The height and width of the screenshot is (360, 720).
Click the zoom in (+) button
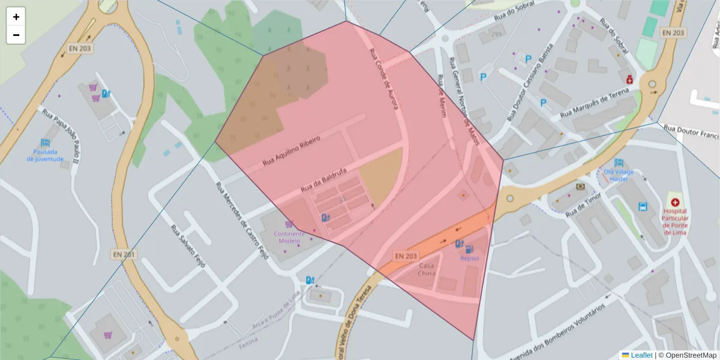click(x=16, y=17)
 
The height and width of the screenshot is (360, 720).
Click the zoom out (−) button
click(x=16, y=35)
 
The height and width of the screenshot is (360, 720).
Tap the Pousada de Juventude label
click(x=45, y=155)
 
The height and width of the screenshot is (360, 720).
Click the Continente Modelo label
click(x=289, y=237)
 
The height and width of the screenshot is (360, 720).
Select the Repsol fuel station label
click(x=469, y=258)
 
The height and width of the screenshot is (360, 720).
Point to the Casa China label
click(x=427, y=269)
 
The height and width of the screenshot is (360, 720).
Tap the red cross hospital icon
click(x=675, y=203)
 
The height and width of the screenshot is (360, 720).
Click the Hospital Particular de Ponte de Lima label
click(x=675, y=221)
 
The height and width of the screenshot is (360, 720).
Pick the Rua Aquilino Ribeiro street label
click(x=292, y=151)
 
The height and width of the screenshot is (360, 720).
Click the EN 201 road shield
click(x=124, y=254)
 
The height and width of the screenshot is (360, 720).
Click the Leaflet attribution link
click(x=641, y=355)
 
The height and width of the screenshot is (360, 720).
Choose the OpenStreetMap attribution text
click(x=688, y=355)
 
